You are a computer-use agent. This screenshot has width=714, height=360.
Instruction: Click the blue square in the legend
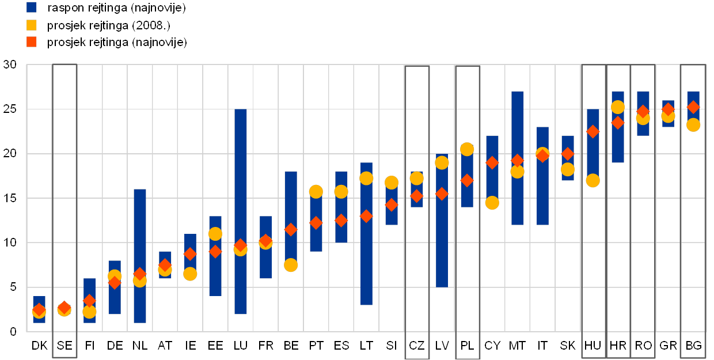(32, 7)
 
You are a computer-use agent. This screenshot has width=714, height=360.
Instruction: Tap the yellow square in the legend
(32, 25)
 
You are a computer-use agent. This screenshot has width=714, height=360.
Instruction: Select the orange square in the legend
(32, 42)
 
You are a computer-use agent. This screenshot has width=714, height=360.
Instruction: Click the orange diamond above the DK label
(39, 310)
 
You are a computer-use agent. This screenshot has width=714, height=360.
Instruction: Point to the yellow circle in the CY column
(492, 203)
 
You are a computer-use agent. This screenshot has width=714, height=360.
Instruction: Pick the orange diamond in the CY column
(492, 162)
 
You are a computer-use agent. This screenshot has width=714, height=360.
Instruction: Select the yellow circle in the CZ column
(416, 179)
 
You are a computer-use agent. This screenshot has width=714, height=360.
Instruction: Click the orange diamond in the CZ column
(416, 196)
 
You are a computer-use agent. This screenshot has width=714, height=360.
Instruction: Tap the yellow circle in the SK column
(567, 169)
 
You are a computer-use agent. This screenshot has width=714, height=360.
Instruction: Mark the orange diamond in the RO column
(643, 111)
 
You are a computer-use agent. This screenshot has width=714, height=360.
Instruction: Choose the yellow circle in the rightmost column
(693, 125)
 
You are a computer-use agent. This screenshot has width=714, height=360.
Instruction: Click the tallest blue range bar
(241, 211)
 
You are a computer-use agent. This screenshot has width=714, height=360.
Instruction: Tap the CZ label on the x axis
(416, 346)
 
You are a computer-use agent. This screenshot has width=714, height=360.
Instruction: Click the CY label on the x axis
(492, 346)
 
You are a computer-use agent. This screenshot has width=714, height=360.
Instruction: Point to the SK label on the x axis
(568, 346)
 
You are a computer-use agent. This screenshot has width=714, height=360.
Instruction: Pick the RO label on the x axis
(644, 346)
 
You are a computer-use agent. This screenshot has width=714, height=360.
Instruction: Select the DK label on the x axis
(40, 346)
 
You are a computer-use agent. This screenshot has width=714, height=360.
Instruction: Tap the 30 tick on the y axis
(10, 65)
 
